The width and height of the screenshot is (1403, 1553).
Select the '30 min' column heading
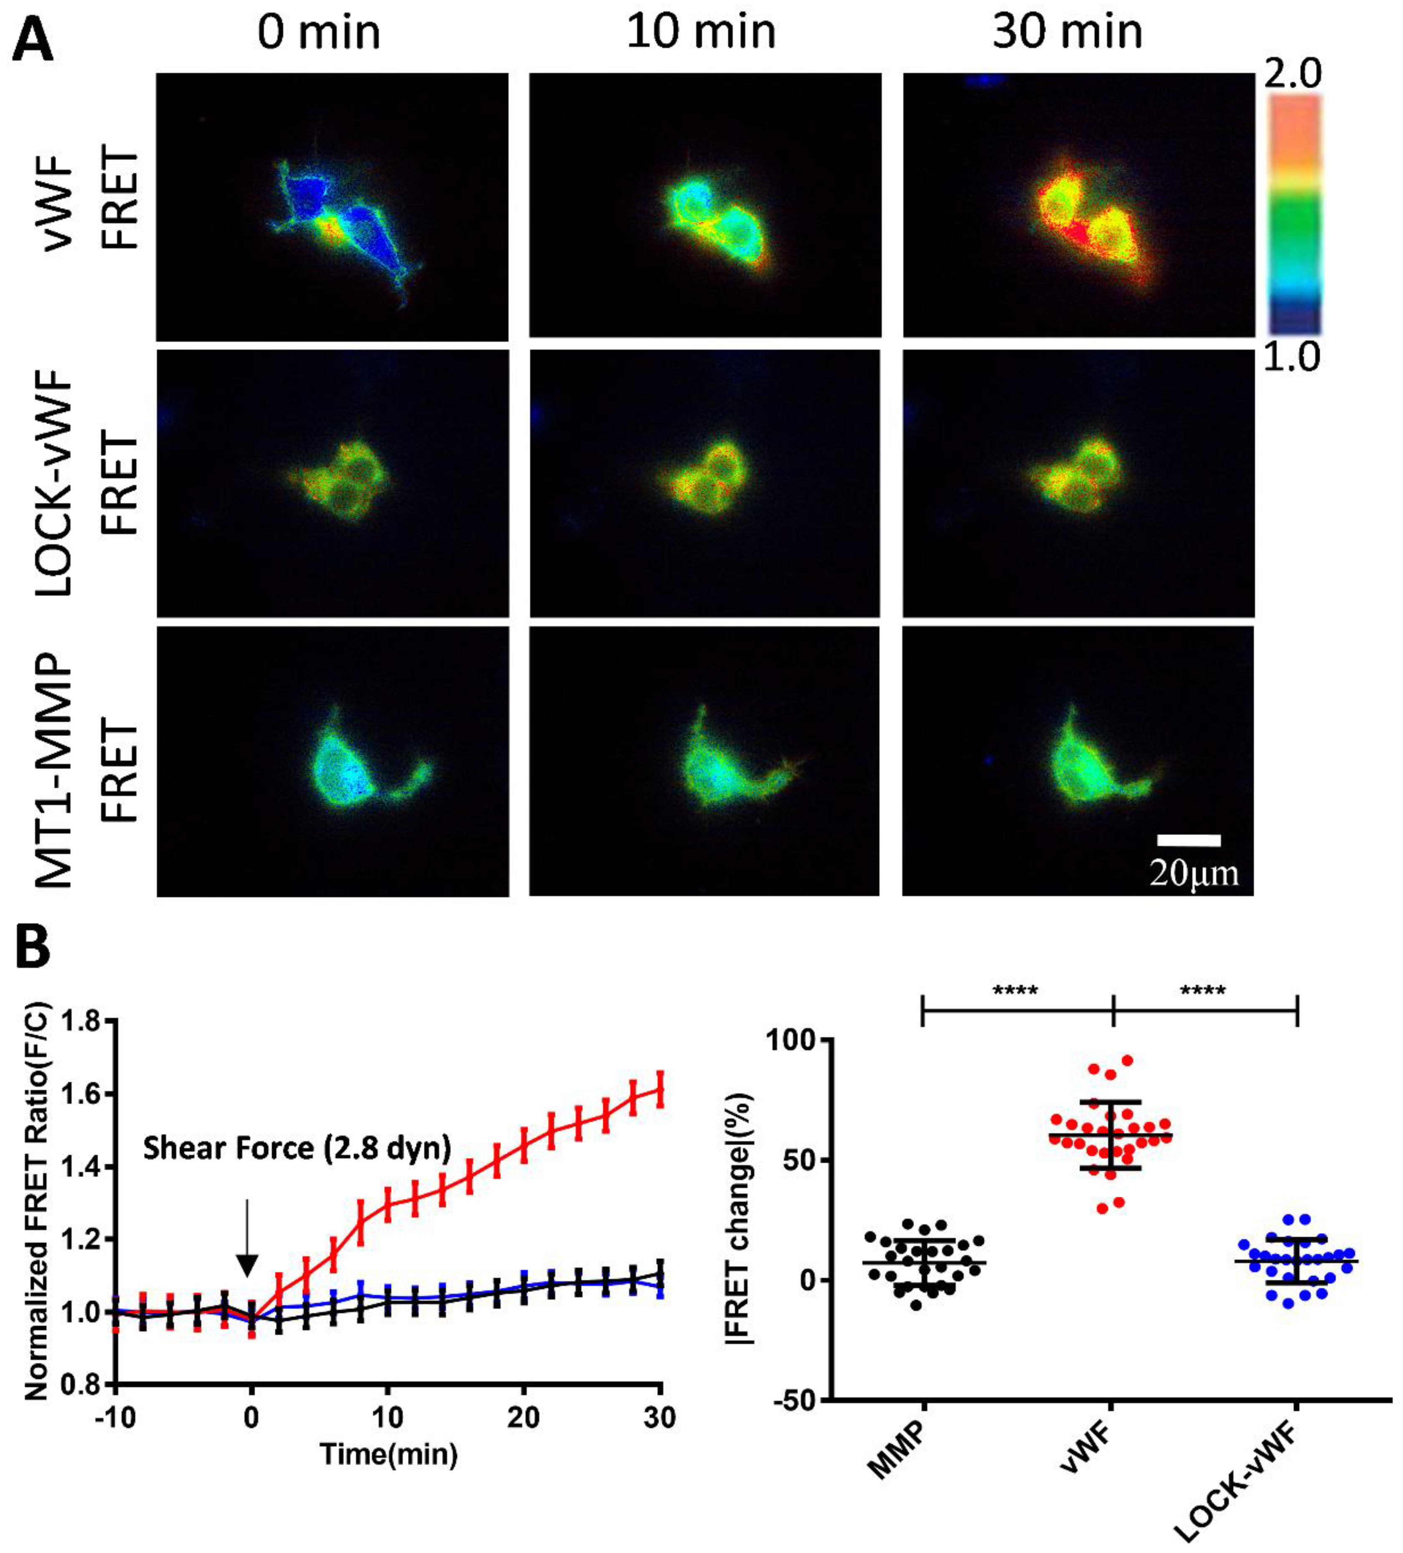pyautogui.click(x=1067, y=32)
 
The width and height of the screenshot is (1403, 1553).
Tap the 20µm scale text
pyautogui.click(x=1193, y=873)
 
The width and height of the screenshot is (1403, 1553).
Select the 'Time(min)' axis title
pyautogui.click(x=389, y=1454)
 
